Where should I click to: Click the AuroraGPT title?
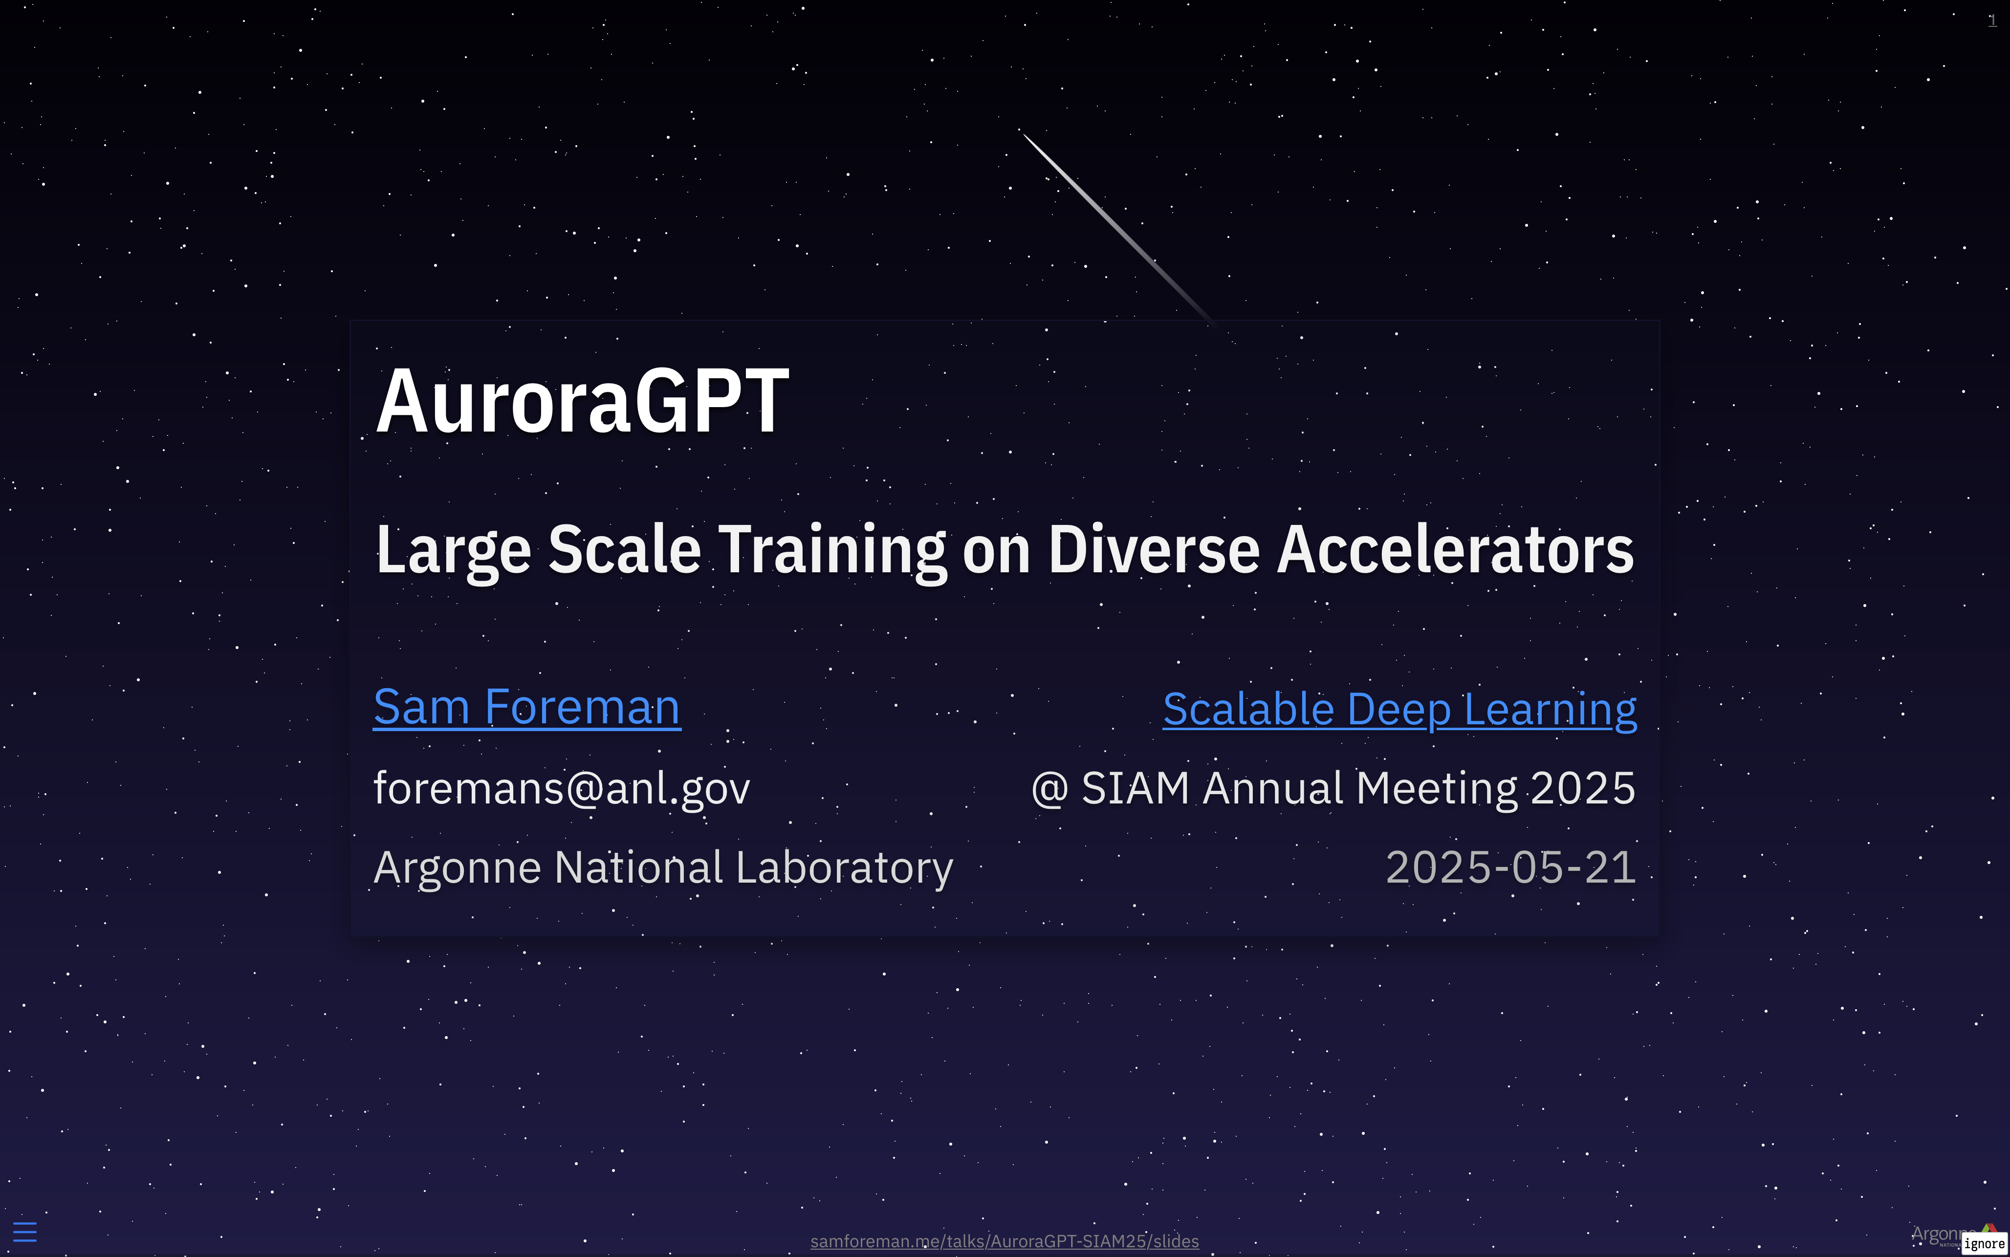(x=582, y=402)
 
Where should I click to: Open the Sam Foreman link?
(x=527, y=708)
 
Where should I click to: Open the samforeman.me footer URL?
(x=1004, y=1241)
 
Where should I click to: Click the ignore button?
(x=1984, y=1244)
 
